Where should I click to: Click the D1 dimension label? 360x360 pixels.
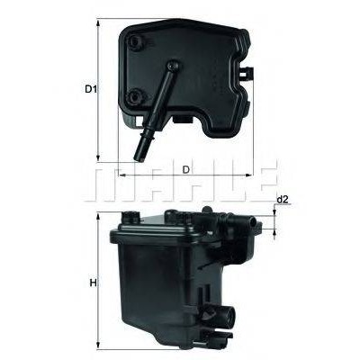[x=90, y=89]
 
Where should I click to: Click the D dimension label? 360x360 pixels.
[x=186, y=169]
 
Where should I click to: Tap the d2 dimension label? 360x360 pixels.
[x=282, y=200]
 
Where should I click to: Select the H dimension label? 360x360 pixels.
[x=94, y=283]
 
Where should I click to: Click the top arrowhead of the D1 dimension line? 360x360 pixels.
[x=98, y=23]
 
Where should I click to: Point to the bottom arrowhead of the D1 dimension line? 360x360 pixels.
[x=98, y=157]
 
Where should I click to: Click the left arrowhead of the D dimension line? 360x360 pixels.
[x=122, y=175]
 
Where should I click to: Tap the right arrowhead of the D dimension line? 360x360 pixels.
[x=249, y=175]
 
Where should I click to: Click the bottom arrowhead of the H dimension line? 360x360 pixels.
[x=98, y=345]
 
